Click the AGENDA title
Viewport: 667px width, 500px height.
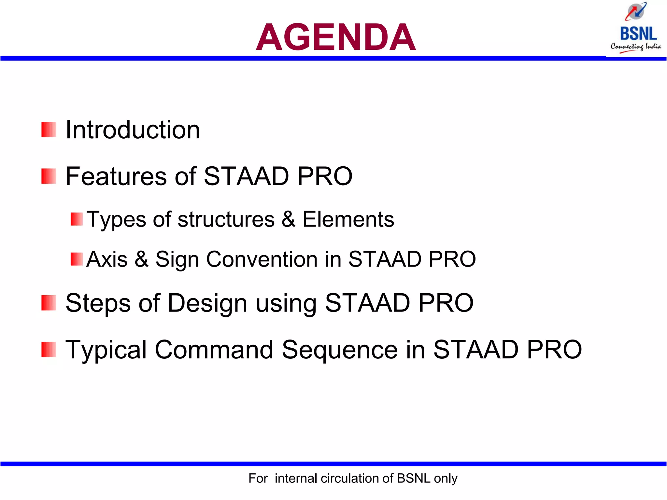(335, 37)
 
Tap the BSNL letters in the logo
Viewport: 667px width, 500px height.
(638, 34)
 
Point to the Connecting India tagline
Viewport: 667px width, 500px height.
(636, 47)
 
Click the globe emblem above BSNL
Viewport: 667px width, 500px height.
(636, 11)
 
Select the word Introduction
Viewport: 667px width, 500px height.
(133, 130)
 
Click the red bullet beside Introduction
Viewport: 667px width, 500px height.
(49, 130)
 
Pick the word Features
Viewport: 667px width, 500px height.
(116, 176)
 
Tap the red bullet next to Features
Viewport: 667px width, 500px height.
(49, 176)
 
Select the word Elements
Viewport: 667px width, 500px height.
(348, 219)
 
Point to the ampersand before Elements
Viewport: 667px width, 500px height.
(288, 219)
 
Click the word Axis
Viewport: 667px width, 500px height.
(107, 259)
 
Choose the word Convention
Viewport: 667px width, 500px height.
(262, 259)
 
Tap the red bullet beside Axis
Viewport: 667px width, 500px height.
(77, 259)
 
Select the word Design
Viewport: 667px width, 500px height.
(207, 303)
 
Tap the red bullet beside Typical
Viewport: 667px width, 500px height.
(49, 350)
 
